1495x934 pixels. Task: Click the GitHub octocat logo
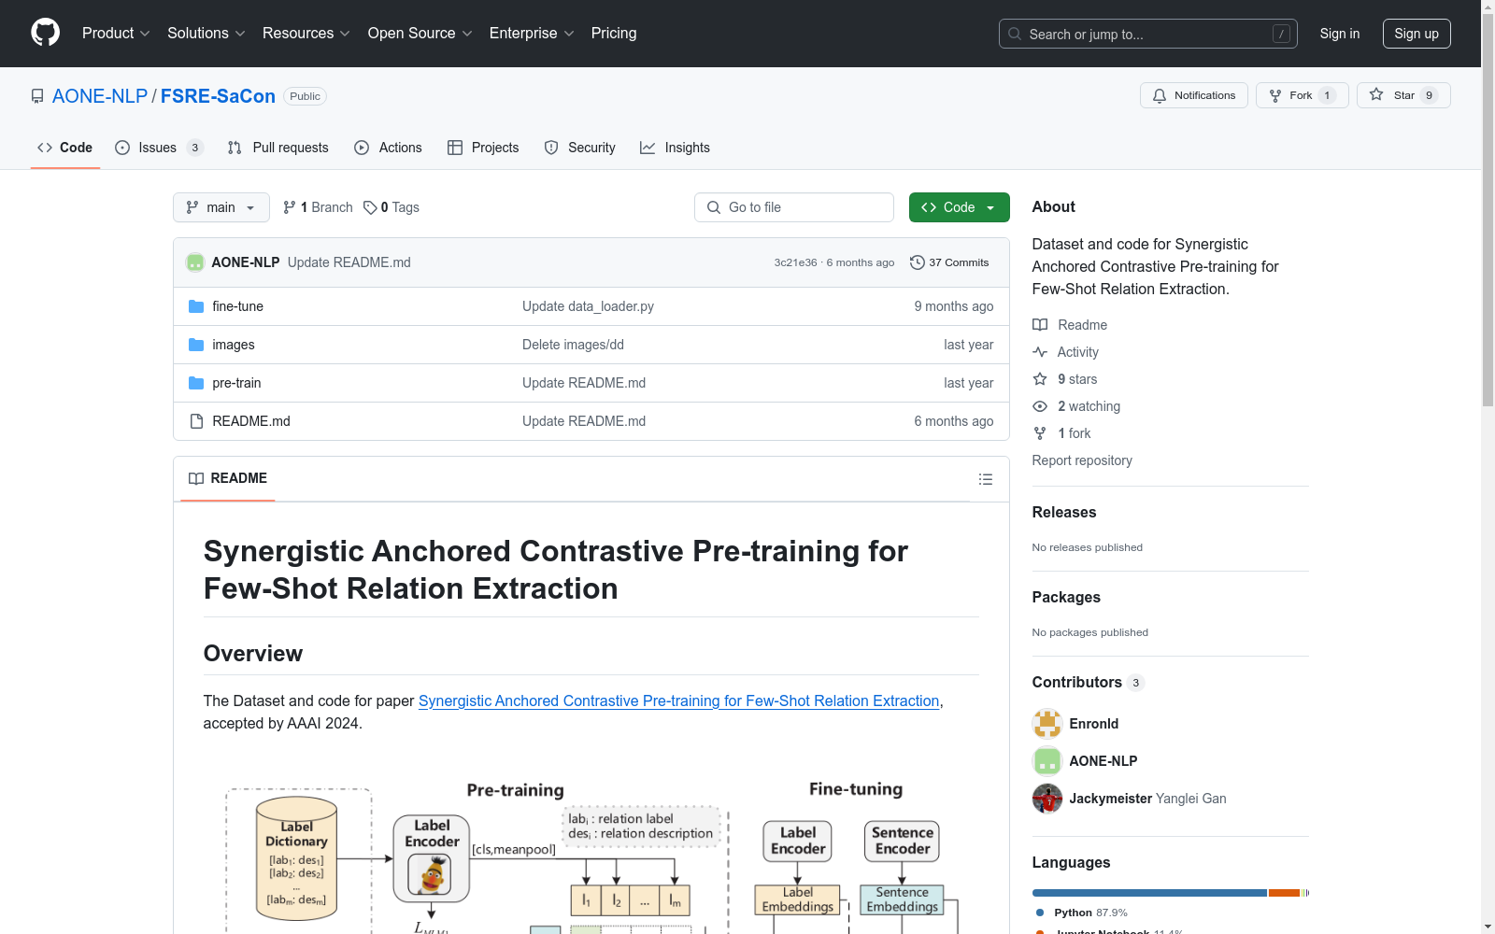tap(46, 33)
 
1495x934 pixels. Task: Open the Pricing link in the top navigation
tap(613, 34)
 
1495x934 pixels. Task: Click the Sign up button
tap(1417, 34)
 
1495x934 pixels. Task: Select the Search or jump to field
tap(1147, 34)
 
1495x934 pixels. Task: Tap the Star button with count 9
tap(1402, 95)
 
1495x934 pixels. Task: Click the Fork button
tap(1302, 95)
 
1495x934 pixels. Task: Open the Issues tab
tap(159, 148)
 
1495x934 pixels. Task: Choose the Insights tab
tap(675, 148)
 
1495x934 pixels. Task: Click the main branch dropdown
tap(221, 207)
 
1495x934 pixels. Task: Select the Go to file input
tap(793, 207)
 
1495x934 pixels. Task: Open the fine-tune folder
tap(237, 306)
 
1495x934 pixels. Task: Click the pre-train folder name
tap(236, 383)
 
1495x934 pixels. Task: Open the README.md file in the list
tap(251, 421)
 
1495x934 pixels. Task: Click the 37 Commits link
tap(949, 262)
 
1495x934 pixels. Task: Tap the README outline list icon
tap(985, 479)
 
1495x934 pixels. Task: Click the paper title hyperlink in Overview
tap(678, 700)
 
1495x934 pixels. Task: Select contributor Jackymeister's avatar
tap(1046, 799)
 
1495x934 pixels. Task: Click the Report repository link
tap(1082, 460)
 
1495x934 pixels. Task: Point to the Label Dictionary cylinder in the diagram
tap(296, 858)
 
